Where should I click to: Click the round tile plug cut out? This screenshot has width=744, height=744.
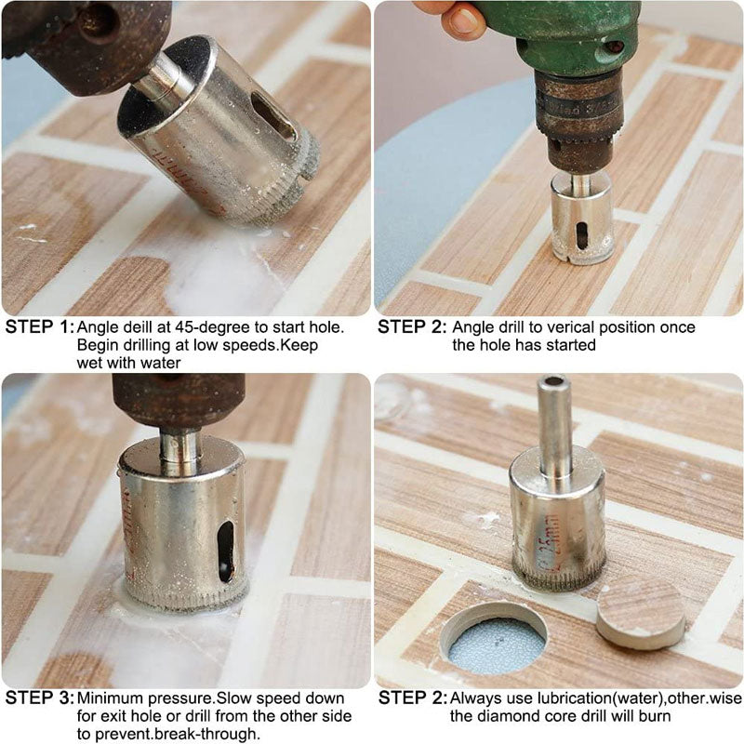[x=640, y=611]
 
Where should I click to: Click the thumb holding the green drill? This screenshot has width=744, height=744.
[x=462, y=20]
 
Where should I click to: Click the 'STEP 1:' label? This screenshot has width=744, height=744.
[x=38, y=327]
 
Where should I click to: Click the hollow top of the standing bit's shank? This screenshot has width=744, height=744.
[x=555, y=382]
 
